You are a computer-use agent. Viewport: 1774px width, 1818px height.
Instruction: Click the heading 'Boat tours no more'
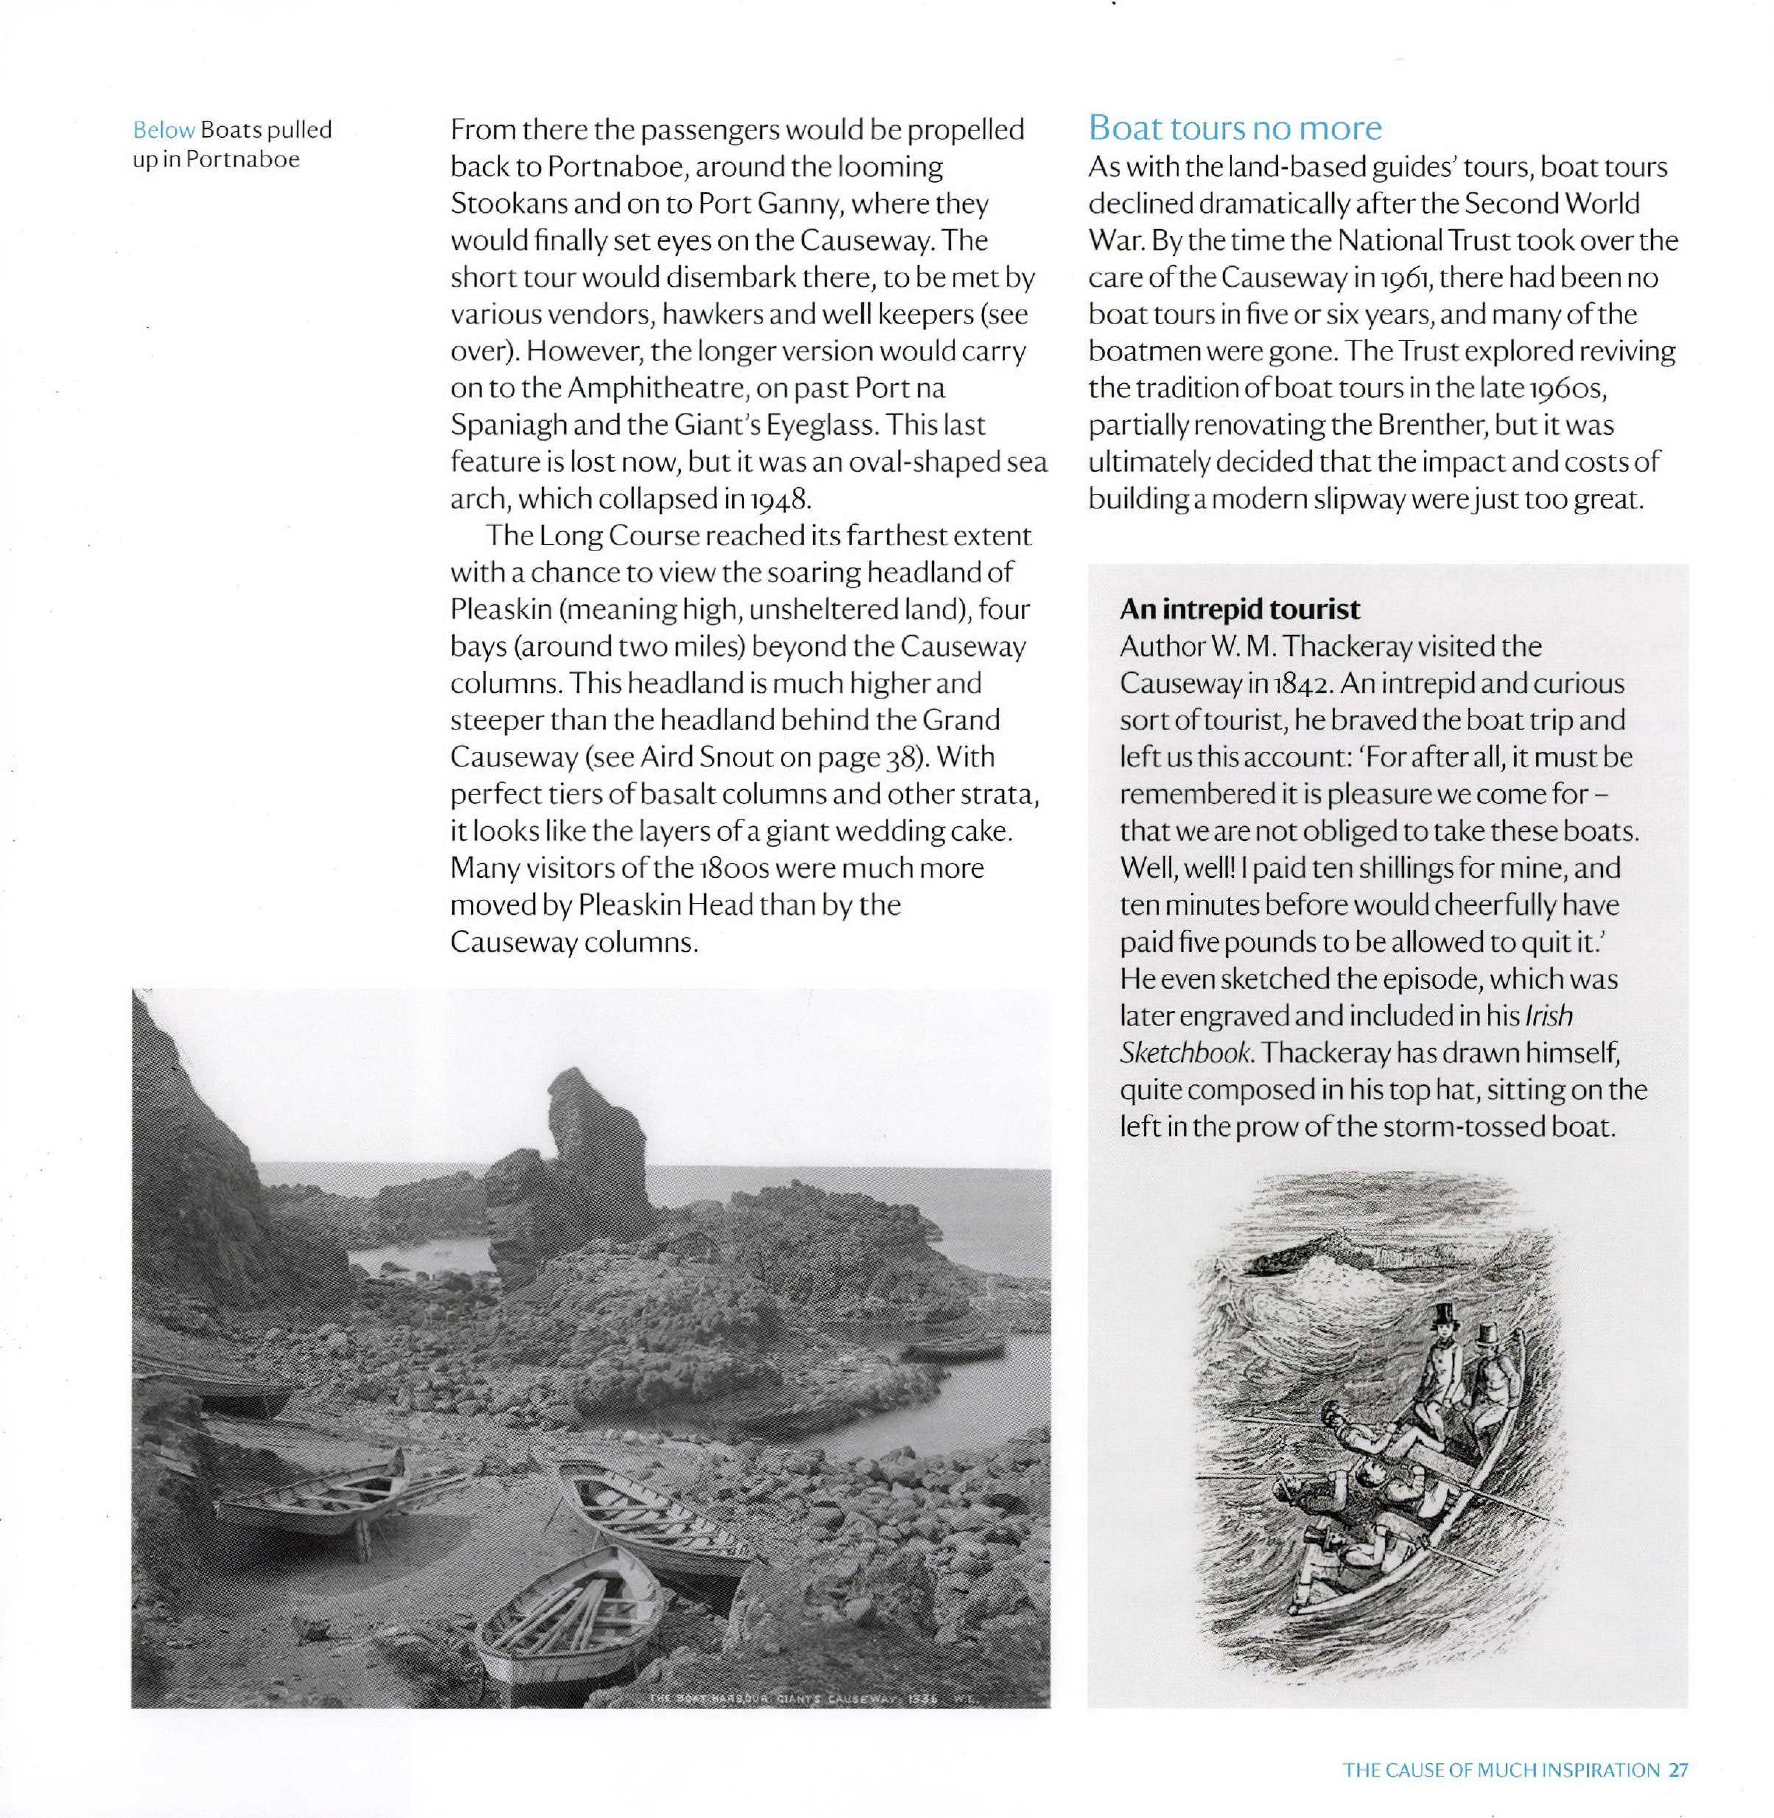tap(1234, 127)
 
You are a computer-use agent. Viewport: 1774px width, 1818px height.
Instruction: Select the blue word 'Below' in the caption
tap(164, 130)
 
